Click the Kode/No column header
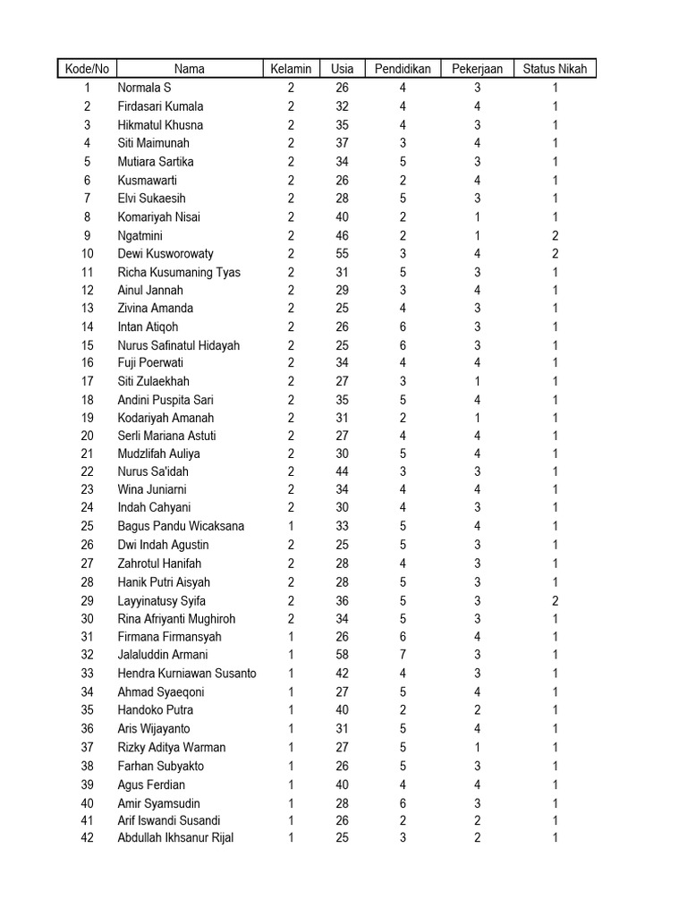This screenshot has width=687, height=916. pyautogui.click(x=87, y=69)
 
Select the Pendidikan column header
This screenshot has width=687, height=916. pyautogui.click(x=403, y=69)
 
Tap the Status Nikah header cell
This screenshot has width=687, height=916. pyautogui.click(x=555, y=69)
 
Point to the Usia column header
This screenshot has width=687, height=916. pyautogui.click(x=342, y=69)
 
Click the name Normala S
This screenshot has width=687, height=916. pyautogui.click(x=144, y=88)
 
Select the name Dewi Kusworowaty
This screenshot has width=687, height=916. pyautogui.click(x=165, y=254)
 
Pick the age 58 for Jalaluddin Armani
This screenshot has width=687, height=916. pyautogui.click(x=342, y=655)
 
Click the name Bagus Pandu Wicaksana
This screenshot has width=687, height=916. pyautogui.click(x=181, y=526)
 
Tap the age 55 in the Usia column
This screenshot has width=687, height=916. pyautogui.click(x=342, y=254)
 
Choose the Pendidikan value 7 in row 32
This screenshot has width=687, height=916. pyautogui.click(x=403, y=655)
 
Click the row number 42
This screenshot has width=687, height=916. pyautogui.click(x=87, y=838)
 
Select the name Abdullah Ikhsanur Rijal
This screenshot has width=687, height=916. pyautogui.click(x=175, y=838)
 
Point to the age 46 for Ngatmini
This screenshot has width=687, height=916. pyautogui.click(x=342, y=236)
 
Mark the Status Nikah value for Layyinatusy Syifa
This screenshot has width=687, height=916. pyautogui.click(x=555, y=601)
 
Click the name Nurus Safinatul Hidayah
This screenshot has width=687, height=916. pyautogui.click(x=179, y=345)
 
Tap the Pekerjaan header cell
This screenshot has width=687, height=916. pyautogui.click(x=477, y=69)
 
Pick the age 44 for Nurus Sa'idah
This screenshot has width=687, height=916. pyautogui.click(x=342, y=471)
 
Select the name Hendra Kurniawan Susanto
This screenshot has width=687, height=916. pyautogui.click(x=187, y=674)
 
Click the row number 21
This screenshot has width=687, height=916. pyautogui.click(x=87, y=454)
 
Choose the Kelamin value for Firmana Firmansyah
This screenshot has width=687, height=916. pyautogui.click(x=291, y=637)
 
